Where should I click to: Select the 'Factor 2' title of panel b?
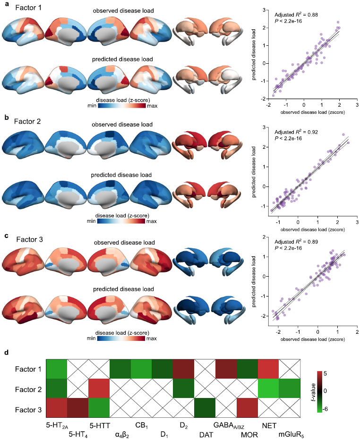[27, 121]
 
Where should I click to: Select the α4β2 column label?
[120, 435]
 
